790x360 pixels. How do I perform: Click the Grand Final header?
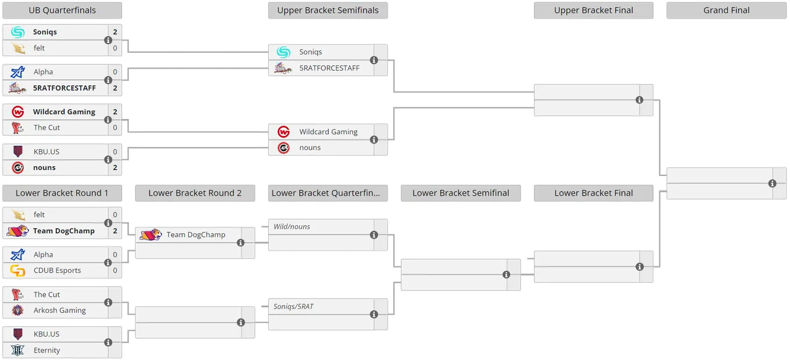[726, 10]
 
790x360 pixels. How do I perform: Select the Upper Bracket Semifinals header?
[328, 10]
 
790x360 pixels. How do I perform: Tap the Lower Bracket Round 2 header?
[195, 193]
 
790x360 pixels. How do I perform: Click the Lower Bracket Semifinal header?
[461, 193]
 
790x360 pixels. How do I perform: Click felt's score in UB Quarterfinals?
[115, 48]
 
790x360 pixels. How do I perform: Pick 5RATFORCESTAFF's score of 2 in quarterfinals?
[115, 88]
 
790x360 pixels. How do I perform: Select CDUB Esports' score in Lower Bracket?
[115, 271]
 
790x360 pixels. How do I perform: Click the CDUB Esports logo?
[17, 271]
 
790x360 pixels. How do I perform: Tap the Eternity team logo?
[17, 350]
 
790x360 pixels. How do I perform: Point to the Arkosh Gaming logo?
[17, 310]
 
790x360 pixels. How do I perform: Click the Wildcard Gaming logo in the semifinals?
[283, 132]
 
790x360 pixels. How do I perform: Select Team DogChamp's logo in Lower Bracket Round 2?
[150, 235]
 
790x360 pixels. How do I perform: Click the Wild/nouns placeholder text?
[292, 226]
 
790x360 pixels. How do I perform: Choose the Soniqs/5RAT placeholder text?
[293, 307]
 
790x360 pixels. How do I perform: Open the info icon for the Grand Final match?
[773, 183]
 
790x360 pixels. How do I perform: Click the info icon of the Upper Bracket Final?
[640, 100]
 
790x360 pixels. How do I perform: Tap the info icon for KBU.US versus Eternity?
[108, 343]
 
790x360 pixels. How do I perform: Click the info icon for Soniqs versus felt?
[108, 40]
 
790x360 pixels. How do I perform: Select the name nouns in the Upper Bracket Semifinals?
[310, 147]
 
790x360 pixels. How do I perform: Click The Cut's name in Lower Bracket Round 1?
[46, 294]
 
